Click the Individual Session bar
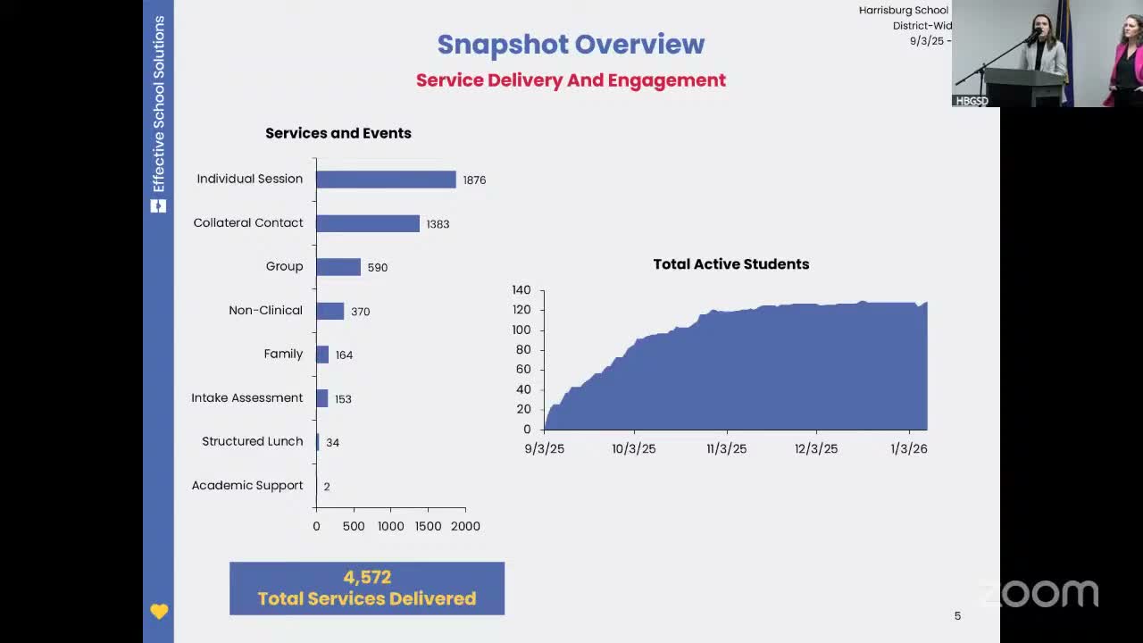tap(386, 180)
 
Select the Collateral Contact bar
tap(368, 223)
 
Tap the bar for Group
tap(338, 267)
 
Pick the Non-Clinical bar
tap(330, 311)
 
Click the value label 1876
tap(474, 180)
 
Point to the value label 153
tap(343, 399)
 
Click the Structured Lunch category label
tap(253, 441)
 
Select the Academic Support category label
tap(247, 486)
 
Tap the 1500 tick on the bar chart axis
tap(428, 526)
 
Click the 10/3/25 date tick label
tap(634, 449)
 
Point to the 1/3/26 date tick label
tap(909, 449)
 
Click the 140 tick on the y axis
tap(521, 290)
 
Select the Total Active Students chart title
tap(730, 264)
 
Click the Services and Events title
tap(338, 133)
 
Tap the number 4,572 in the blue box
tap(367, 577)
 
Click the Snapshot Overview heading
tap(571, 44)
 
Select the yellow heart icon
tap(159, 612)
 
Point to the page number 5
tap(957, 615)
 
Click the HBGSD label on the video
tap(972, 101)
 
